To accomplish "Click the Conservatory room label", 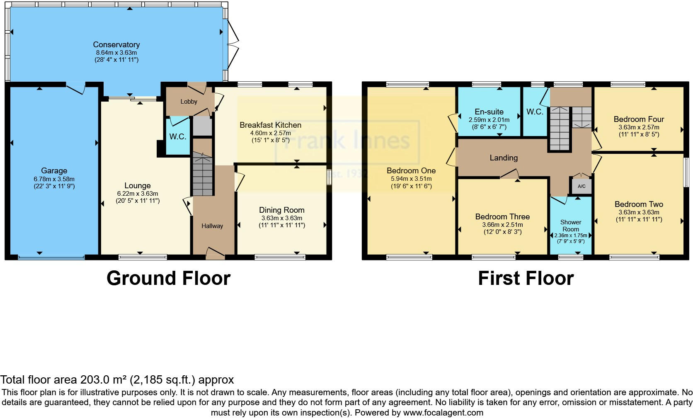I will coord(116,45).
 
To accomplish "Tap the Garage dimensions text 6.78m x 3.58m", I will coord(54,179).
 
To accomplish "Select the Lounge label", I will coord(137,186).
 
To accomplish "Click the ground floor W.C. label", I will coord(177,137).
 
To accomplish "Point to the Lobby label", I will coord(189,102).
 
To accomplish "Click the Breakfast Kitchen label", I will coord(270,125).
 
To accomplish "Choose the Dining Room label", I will coord(281,210).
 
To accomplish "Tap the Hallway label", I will coord(212,226).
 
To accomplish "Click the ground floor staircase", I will coord(202,174).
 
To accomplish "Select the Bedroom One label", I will coord(411,170).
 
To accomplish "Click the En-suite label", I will coord(489,112).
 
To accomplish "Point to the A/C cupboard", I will coord(582,186).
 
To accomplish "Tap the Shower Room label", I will coord(571,226).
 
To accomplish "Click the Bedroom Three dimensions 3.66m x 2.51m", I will coord(502,225).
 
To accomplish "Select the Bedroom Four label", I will coord(639,119).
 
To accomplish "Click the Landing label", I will coord(504,158).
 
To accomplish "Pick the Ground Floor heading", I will coord(168,278).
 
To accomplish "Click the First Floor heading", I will coord(526,278).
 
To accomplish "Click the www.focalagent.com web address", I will coord(443,413).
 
